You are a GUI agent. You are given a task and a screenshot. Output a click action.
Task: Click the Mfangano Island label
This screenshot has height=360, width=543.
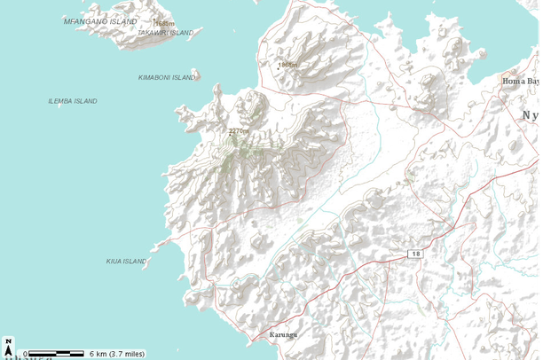click(100, 20)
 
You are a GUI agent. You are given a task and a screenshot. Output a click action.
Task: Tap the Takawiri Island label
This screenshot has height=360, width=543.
click(166, 33)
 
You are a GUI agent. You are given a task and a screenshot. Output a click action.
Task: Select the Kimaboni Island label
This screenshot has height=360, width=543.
click(167, 77)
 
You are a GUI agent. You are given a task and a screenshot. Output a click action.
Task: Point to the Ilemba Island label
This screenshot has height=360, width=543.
click(73, 101)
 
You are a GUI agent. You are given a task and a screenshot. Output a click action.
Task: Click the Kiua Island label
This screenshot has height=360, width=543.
click(126, 261)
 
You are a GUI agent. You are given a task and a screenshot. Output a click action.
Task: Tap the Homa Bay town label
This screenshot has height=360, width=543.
click(521, 81)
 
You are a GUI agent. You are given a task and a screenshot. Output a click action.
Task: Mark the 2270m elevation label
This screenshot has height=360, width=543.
click(239, 131)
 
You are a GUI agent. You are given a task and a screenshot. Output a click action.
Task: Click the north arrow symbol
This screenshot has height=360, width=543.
click(8, 346)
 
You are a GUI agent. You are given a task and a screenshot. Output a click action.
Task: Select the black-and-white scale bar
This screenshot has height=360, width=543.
click(53, 354)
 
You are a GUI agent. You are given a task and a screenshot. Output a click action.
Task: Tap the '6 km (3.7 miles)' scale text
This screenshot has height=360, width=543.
click(116, 353)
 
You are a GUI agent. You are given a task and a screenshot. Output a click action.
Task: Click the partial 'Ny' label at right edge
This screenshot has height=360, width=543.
click(531, 115)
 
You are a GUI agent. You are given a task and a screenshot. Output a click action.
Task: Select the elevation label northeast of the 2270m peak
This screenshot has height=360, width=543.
click(287, 66)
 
